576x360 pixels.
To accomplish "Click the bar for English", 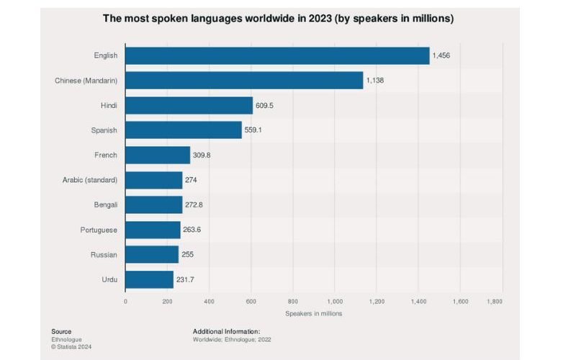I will [277, 56].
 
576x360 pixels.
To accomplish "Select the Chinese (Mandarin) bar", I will [244, 81].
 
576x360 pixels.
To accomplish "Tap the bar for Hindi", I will [189, 106].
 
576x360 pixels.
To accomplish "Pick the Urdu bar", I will [149, 279].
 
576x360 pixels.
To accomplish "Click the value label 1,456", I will [441, 56].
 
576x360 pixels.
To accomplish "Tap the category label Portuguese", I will [99, 230].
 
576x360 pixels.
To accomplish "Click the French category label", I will [106, 156].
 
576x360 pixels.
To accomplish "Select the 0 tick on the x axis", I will [125, 301].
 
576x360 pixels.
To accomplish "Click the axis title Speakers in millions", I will [313, 313].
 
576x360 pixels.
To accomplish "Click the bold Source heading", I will [61, 331].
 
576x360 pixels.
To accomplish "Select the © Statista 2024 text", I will [71, 347].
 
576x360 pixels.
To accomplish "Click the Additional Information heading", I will [226, 331].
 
